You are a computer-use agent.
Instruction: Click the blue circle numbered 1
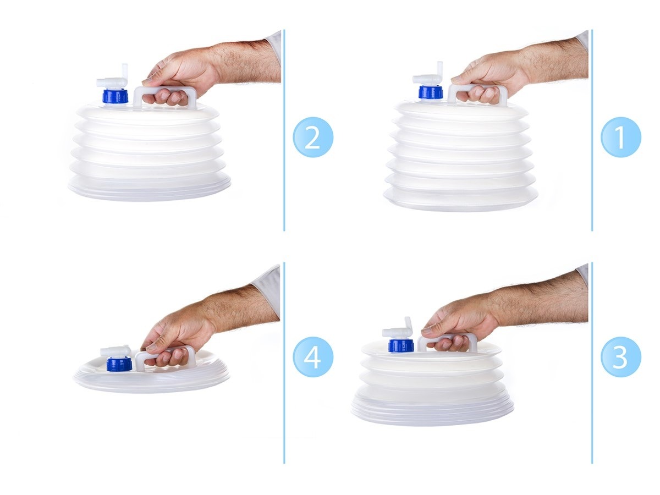pyautogui.click(x=620, y=137)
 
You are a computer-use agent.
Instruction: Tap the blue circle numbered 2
pyautogui.click(x=313, y=137)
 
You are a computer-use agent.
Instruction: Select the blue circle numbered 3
pyautogui.click(x=620, y=357)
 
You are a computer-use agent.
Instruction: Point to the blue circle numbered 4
pyautogui.click(x=313, y=357)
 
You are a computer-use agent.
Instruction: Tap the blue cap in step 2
pyautogui.click(x=115, y=96)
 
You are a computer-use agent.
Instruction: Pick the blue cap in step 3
pyautogui.click(x=401, y=345)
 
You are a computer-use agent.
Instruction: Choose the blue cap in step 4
pyautogui.click(x=119, y=364)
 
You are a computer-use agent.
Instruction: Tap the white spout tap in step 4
pyautogui.click(x=116, y=351)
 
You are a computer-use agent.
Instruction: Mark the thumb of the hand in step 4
pyautogui.click(x=153, y=346)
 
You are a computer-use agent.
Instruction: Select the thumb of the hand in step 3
pyautogui.click(x=433, y=330)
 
